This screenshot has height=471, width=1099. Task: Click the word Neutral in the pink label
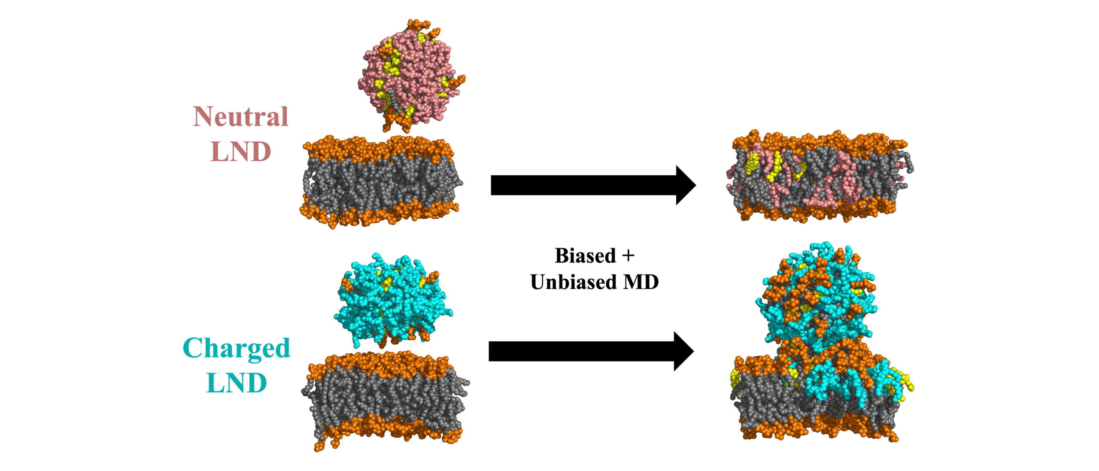pyautogui.click(x=240, y=116)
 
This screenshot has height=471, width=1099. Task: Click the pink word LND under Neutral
pyautogui.click(x=241, y=152)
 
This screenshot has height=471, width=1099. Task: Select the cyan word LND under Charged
pyautogui.click(x=237, y=383)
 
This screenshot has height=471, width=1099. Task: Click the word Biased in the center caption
pyautogui.click(x=585, y=256)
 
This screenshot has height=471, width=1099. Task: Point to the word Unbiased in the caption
pyautogui.click(x=568, y=282)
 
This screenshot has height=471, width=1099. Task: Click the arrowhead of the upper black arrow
pyautogui.click(x=686, y=185)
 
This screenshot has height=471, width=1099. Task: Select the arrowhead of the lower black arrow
pyautogui.click(x=684, y=352)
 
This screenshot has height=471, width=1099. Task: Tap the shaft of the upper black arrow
pyautogui.click(x=584, y=185)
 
